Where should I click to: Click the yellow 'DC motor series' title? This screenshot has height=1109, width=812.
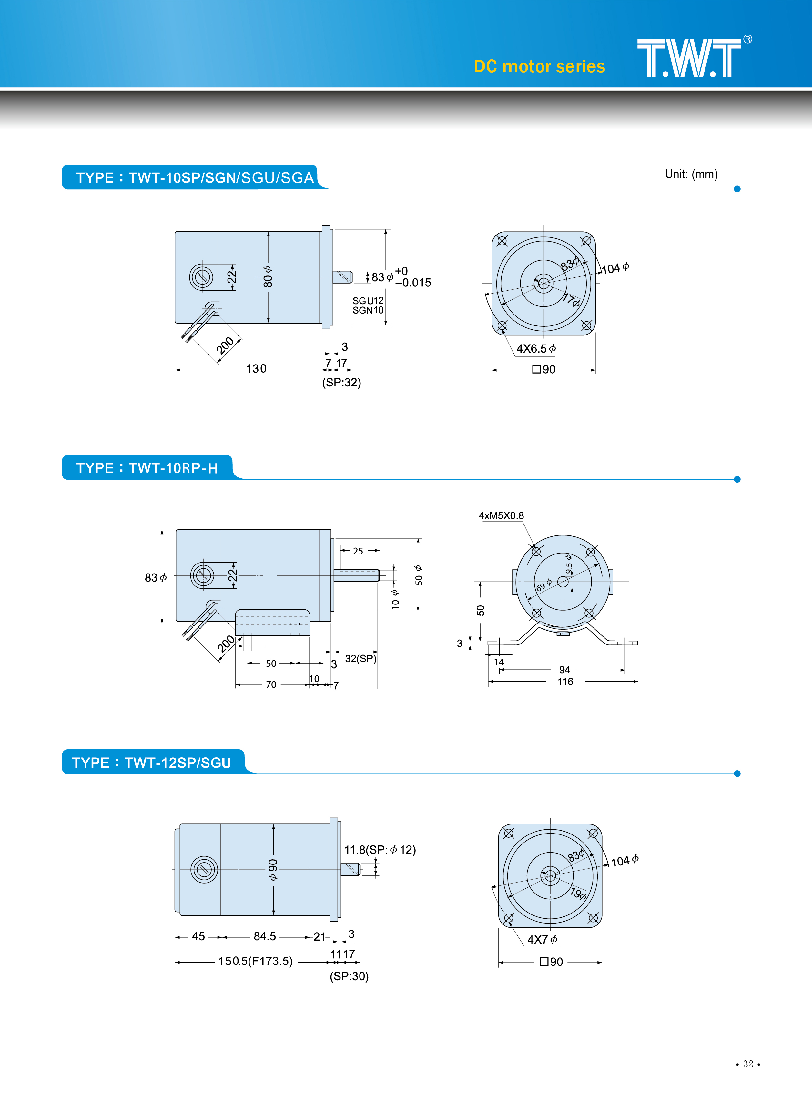point(539,66)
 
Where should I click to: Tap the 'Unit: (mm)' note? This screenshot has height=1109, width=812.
point(691,174)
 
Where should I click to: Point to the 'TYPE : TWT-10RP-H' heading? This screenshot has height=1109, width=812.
point(147,468)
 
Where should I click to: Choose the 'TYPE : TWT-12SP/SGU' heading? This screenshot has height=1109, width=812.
point(151,763)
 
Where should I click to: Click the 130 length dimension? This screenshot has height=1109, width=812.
point(256,369)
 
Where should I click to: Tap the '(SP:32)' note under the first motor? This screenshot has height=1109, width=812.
point(341,382)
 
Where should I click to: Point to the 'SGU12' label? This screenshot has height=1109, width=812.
point(368,300)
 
